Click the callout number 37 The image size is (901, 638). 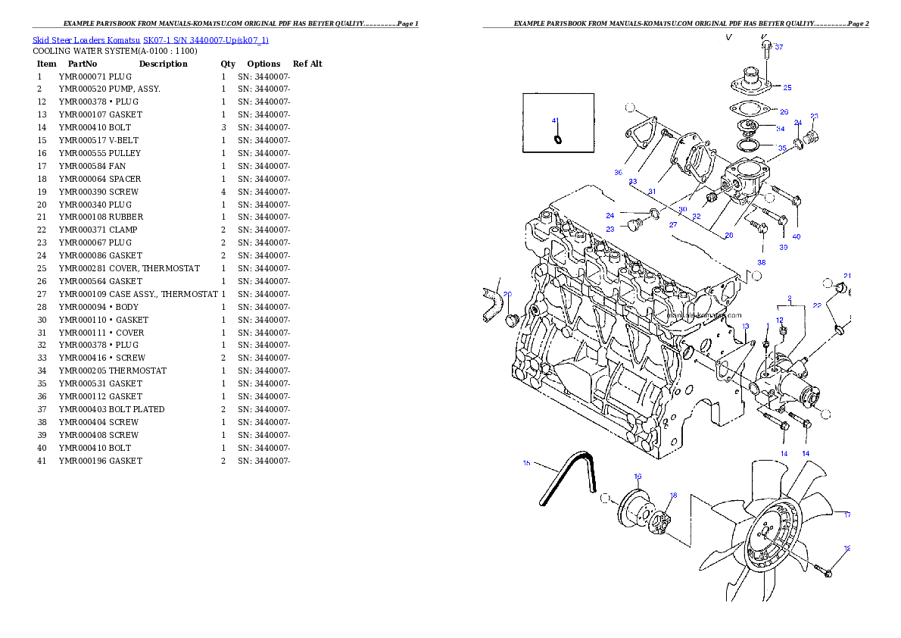779,47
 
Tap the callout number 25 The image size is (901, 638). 787,87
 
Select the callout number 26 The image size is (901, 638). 784,111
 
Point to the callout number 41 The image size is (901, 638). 555,120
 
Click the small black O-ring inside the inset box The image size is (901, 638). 558,139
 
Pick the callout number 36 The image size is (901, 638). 618,173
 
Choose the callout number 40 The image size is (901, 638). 796,236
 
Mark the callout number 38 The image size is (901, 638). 761,262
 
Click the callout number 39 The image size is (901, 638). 783,247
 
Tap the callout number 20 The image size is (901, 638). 507,294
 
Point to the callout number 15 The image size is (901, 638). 526,462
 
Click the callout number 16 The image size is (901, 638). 638,477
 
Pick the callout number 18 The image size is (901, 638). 673,495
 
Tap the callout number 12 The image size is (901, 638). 779,321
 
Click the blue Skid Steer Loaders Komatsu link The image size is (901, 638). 150,40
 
